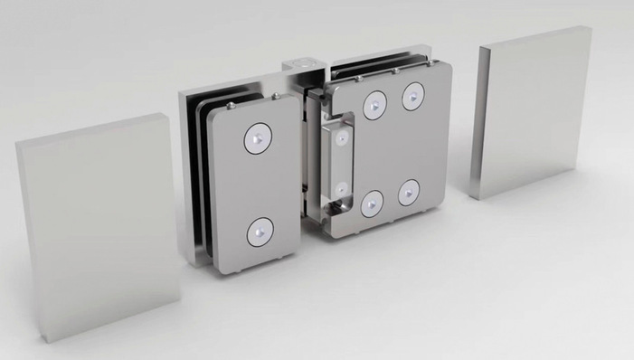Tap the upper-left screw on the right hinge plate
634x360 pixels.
pyautogui.click(x=374, y=105)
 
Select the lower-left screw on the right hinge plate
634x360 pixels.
pyautogui.click(x=372, y=204)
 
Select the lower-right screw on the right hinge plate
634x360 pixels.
pyautogui.click(x=409, y=192)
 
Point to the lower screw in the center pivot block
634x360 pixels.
pyautogui.click(x=342, y=190)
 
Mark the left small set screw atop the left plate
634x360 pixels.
pyautogui.click(x=232, y=104)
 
